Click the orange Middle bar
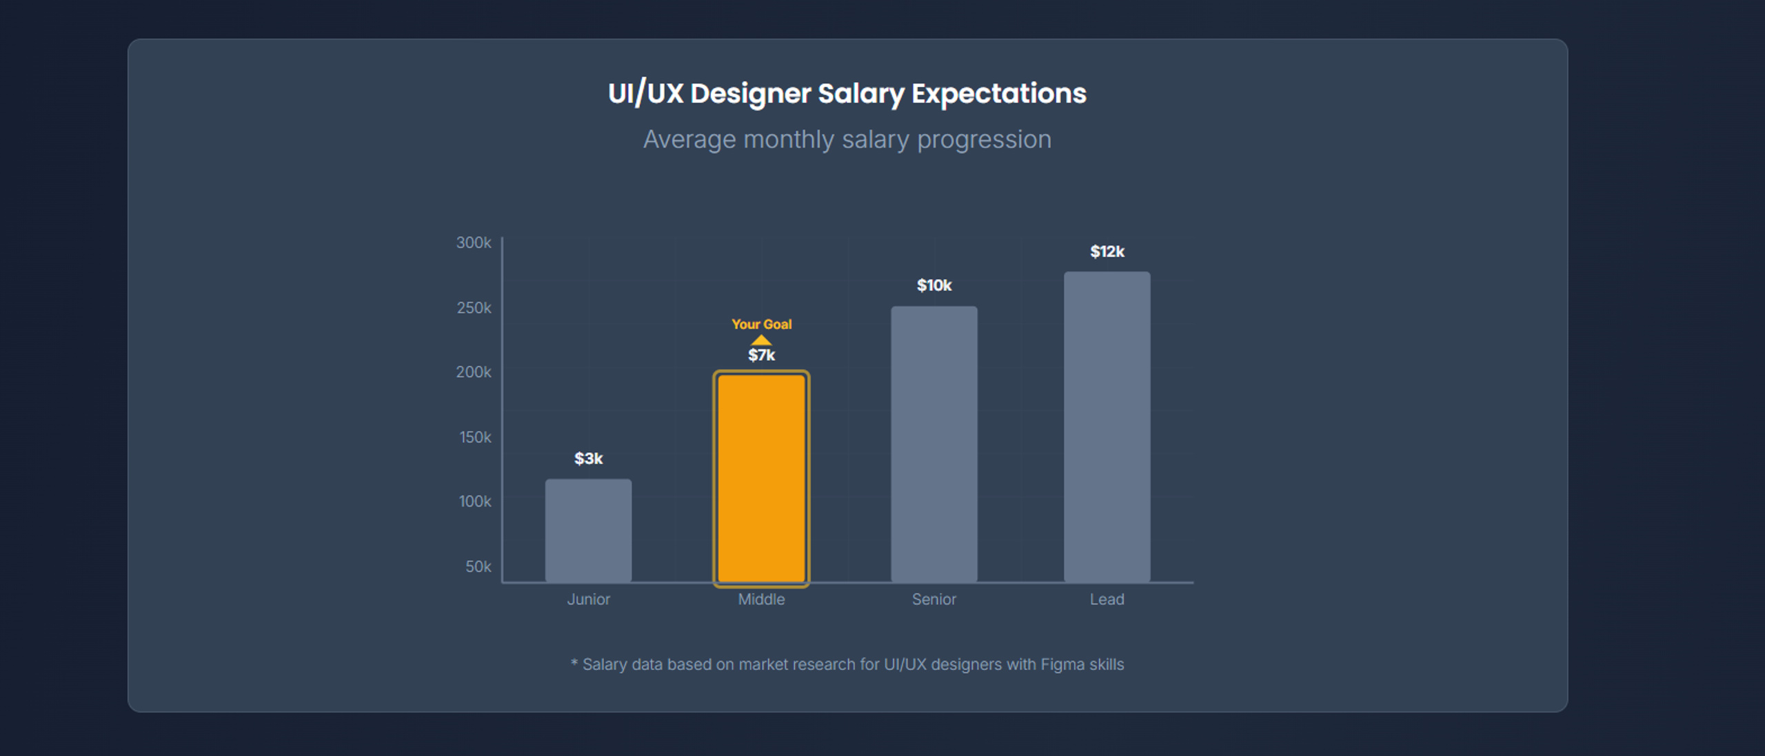(x=761, y=478)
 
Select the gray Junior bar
(x=588, y=531)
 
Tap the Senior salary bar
(x=934, y=445)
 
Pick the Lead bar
(x=1107, y=427)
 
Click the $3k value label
(x=588, y=459)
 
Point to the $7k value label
(x=761, y=356)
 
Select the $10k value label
(x=934, y=285)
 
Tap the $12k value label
(x=1107, y=252)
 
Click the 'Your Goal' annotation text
(x=761, y=325)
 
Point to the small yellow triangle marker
(x=761, y=340)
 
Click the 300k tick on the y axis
(x=474, y=243)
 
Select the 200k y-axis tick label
(x=474, y=372)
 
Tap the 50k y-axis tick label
(x=478, y=566)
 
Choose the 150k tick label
(x=475, y=437)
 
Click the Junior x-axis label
(x=588, y=600)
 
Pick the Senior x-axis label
(x=934, y=600)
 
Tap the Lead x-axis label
(x=1107, y=600)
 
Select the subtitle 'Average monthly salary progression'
(x=847, y=140)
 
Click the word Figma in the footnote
(x=1062, y=664)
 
